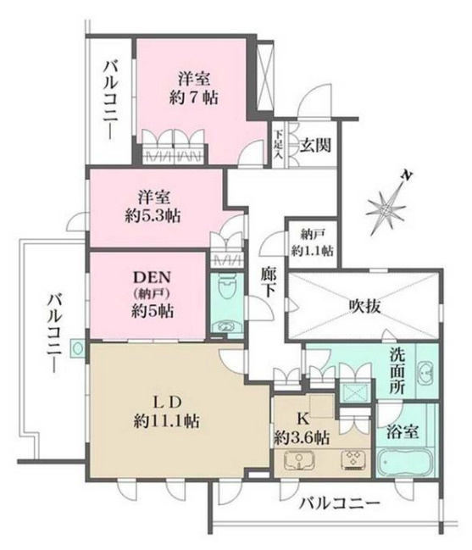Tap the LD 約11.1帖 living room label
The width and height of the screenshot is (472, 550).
coord(165,409)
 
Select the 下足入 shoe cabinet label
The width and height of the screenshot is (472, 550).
coord(277,136)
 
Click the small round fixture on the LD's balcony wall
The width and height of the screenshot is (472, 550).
coord(77,346)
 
